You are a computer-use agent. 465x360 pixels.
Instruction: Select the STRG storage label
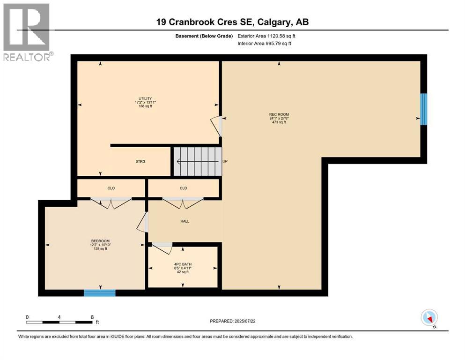[140, 161]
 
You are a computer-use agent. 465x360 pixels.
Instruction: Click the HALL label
[185, 221]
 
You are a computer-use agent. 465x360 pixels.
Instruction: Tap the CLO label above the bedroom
[111, 188]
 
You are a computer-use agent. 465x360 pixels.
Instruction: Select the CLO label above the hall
[184, 188]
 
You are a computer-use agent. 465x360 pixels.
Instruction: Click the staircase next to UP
[197, 161]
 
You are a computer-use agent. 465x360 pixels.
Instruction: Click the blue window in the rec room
[423, 109]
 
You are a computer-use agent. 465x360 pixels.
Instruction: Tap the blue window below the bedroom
[99, 293]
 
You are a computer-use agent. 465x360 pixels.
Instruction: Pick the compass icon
[429, 318]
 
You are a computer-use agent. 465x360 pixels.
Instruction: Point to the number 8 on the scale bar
[92, 317]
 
